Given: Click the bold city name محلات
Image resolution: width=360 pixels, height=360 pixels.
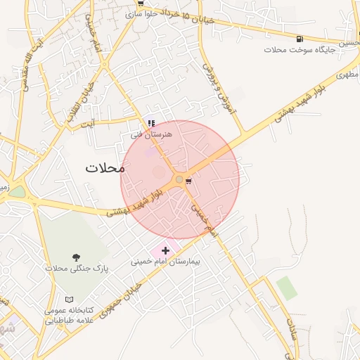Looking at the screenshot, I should click(105, 168).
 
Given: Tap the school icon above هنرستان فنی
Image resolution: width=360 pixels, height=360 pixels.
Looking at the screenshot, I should click(151, 123).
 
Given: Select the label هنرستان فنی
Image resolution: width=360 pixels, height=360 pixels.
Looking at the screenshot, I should click(146, 133).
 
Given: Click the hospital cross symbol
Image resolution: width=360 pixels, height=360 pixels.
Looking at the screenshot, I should click(166, 250).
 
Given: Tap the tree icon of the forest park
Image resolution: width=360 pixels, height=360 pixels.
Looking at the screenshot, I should click(76, 257).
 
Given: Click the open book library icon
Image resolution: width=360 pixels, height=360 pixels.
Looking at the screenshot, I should click(68, 300).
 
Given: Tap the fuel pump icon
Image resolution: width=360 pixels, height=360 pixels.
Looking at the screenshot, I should click(300, 39).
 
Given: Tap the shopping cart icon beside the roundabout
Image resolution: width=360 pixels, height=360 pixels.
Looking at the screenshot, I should click(188, 181).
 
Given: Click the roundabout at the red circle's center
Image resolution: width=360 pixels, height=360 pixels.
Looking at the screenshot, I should click(179, 181).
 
